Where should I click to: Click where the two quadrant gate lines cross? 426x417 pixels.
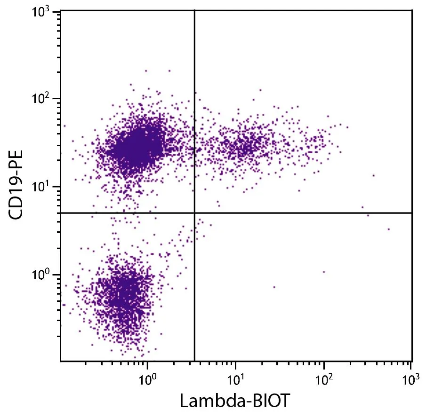coord(194,213)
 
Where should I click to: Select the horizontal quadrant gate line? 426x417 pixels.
coord(306,213)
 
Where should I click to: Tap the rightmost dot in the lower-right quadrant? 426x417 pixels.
coord(388,229)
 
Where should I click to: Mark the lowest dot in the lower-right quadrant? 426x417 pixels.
coord(274,287)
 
